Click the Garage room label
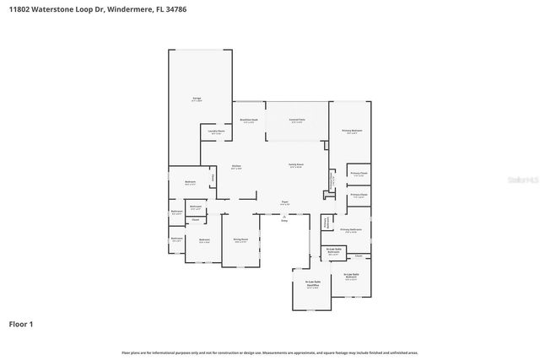(x=197, y=99)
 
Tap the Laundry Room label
(x=216, y=132)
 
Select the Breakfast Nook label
(x=249, y=121)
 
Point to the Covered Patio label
(x=297, y=121)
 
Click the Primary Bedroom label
(x=352, y=132)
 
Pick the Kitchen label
(x=237, y=167)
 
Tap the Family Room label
(x=296, y=165)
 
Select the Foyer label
(x=285, y=203)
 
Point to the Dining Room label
(x=240, y=240)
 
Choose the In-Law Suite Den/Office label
(x=312, y=285)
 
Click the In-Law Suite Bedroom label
(x=352, y=277)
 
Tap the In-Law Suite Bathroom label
(x=333, y=251)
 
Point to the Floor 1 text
(x=22, y=324)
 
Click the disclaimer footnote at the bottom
(x=270, y=352)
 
